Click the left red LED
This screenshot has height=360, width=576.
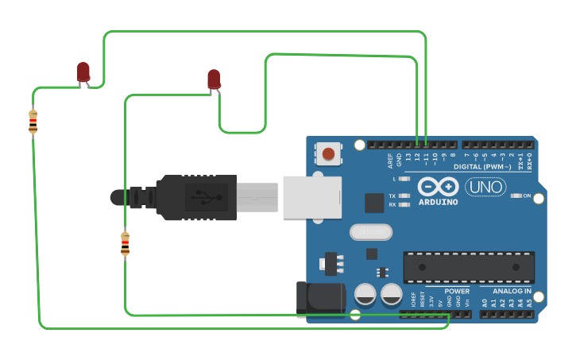[83, 72]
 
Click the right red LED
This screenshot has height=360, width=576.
[214, 79]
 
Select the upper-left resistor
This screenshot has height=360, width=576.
[33, 122]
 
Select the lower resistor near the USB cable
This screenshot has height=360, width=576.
[125, 243]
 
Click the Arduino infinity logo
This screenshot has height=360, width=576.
[437, 188]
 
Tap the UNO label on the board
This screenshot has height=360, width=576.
[485, 187]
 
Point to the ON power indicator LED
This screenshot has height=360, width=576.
[516, 195]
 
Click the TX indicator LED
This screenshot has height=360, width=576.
[404, 195]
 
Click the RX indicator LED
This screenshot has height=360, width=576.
[404, 204]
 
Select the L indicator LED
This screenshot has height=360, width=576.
[404, 179]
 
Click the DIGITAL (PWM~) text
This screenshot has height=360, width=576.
[483, 167]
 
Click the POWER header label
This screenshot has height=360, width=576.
[456, 292]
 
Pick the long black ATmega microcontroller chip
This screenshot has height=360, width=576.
[468, 267]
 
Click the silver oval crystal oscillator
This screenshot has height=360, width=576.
[371, 231]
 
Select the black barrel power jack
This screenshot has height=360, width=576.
[319, 299]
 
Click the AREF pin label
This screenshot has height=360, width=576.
[390, 161]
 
